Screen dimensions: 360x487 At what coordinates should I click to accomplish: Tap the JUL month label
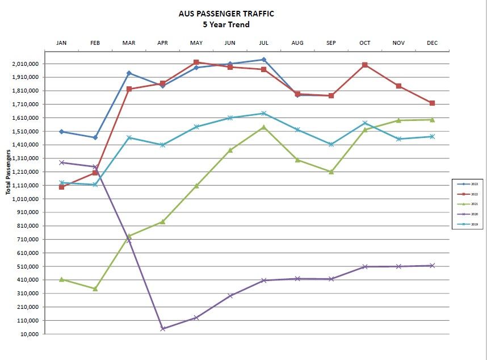tap(263, 43)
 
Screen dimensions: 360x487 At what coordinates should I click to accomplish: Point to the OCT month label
tap(364, 43)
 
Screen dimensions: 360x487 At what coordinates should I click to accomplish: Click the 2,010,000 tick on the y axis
tap(26, 64)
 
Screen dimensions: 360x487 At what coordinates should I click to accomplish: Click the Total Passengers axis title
tap(9, 172)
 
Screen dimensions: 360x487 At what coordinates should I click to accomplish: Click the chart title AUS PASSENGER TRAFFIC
tap(226, 14)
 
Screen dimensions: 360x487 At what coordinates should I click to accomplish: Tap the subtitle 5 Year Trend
tap(226, 24)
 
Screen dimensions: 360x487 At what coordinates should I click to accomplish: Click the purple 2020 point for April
tap(163, 329)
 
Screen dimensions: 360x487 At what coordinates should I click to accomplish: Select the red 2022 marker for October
tap(364, 65)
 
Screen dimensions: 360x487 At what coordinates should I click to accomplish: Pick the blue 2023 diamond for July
tap(263, 60)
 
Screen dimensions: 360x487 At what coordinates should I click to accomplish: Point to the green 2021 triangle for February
tap(95, 288)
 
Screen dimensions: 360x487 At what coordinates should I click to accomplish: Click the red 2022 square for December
tap(432, 103)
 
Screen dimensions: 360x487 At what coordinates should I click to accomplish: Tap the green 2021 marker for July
tap(263, 127)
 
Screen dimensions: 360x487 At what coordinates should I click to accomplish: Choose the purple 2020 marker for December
tap(432, 265)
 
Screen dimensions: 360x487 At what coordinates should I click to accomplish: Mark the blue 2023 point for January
tap(61, 132)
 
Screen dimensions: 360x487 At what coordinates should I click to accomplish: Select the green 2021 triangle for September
tap(331, 171)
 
